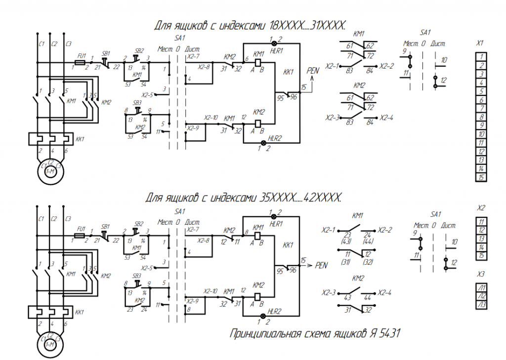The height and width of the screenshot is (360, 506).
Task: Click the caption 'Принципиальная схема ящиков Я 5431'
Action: [x=315, y=334]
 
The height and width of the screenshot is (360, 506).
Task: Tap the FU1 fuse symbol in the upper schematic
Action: [x=80, y=63]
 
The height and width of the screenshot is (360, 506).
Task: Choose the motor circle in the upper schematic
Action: [x=50, y=170]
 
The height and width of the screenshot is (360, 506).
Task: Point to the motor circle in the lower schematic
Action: [x=50, y=344]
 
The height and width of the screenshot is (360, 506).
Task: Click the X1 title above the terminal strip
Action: [x=480, y=43]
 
